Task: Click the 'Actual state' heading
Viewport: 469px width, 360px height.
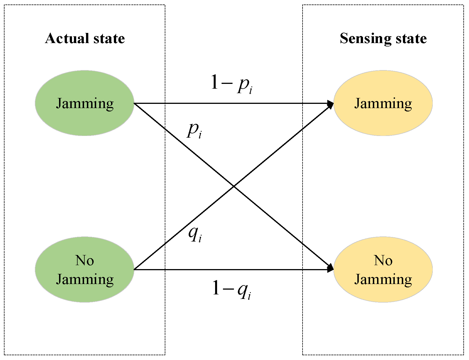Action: pyautogui.click(x=85, y=38)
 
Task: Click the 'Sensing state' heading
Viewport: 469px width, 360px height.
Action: pyautogui.click(x=383, y=38)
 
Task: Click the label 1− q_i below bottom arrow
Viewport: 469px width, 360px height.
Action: pyautogui.click(x=231, y=289)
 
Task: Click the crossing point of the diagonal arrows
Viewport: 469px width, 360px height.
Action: pyautogui.click(x=234, y=186)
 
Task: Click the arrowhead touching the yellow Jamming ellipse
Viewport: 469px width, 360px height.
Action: pyautogui.click(x=331, y=104)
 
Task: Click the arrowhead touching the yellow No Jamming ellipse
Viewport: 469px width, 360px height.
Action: pyautogui.click(x=331, y=269)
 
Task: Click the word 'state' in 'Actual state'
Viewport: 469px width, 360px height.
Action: pyautogui.click(x=109, y=38)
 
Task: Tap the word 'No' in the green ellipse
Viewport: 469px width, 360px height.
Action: pyautogui.click(x=84, y=260)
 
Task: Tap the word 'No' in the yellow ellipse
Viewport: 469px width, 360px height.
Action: pyautogui.click(x=383, y=260)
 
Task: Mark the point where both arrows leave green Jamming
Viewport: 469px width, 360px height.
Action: pyautogui.click(x=135, y=104)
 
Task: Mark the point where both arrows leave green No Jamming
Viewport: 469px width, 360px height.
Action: pyautogui.click(x=135, y=269)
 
